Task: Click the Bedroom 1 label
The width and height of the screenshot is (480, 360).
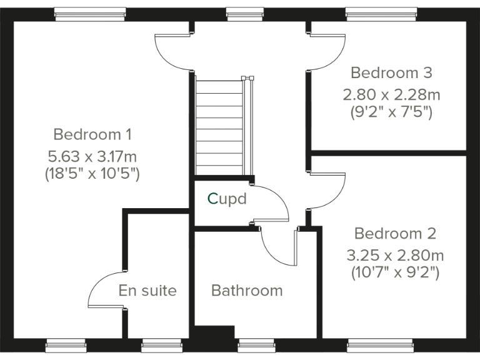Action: (92, 134)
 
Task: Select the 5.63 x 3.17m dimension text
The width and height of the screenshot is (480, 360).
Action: (92, 154)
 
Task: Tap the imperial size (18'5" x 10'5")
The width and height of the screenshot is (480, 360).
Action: (92, 174)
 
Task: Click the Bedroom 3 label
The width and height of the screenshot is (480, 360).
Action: (391, 72)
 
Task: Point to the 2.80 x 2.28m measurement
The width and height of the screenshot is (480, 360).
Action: (391, 94)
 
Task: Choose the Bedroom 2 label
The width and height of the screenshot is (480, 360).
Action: (394, 234)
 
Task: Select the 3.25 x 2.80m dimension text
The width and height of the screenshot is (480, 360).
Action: (394, 255)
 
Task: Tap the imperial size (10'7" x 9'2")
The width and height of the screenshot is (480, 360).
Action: (394, 272)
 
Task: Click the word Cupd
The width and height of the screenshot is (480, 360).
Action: (227, 199)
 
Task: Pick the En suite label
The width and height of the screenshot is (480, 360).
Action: (147, 291)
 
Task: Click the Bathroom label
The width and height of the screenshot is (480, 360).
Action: (247, 291)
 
